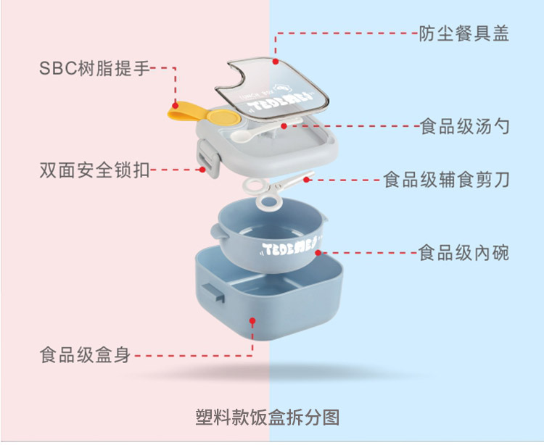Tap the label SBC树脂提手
coord(94,69)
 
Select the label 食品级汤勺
coord(464,127)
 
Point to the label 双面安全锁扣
coord(94,170)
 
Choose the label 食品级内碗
coord(464,252)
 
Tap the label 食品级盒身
coord(85,356)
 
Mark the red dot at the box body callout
coord(253,320)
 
